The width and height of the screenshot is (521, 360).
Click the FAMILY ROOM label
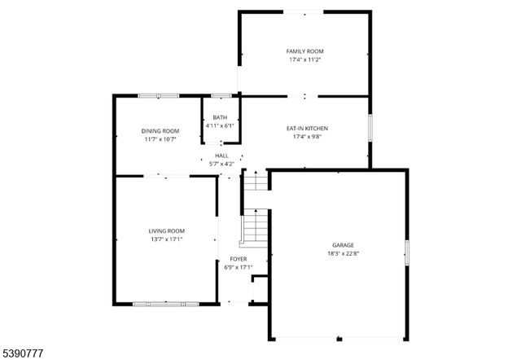[x=304, y=51]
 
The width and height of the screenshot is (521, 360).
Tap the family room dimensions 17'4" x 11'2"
[x=304, y=60]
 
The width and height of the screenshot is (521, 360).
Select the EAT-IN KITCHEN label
[x=304, y=128]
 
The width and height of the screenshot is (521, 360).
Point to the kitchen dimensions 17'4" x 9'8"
[x=304, y=137]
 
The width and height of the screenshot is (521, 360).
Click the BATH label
[x=220, y=117]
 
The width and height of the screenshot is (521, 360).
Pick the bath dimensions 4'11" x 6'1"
[x=220, y=126]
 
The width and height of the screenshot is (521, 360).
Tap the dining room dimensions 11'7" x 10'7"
[x=160, y=139]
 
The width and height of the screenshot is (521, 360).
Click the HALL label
[x=221, y=155]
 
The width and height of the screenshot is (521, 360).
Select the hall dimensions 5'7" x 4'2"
[x=221, y=164]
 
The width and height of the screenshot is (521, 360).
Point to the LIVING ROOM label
[x=166, y=230]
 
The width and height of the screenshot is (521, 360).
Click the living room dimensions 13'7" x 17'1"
[x=166, y=239]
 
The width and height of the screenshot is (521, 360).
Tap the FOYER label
[x=238, y=259]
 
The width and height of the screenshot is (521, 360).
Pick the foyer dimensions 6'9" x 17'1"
[x=238, y=267]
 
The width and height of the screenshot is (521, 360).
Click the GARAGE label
[x=343, y=244]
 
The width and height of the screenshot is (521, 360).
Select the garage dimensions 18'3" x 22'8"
[x=343, y=253]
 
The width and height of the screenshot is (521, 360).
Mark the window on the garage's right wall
[x=406, y=253]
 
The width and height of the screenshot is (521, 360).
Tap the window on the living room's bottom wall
[x=165, y=304]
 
